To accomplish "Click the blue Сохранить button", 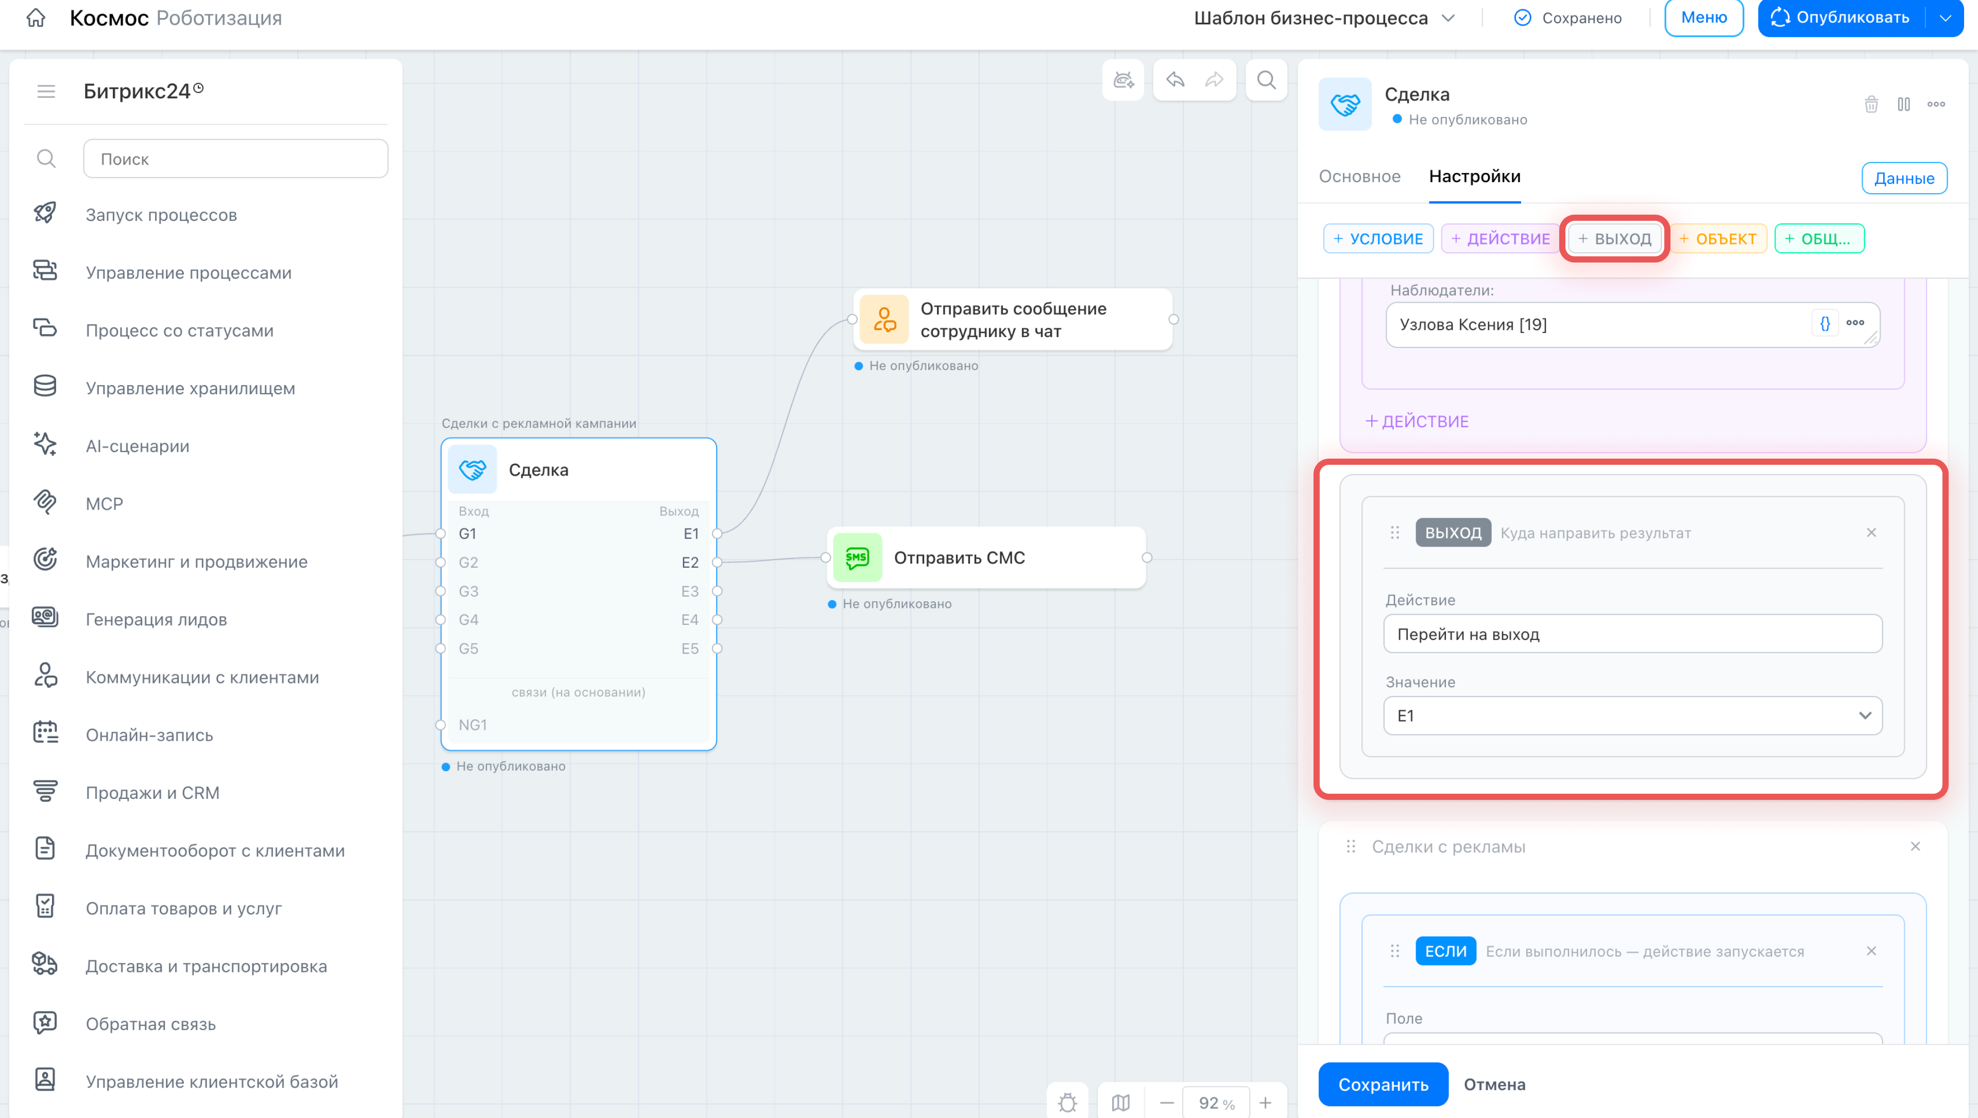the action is pyautogui.click(x=1383, y=1084).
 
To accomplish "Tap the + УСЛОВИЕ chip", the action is pyautogui.click(x=1378, y=239).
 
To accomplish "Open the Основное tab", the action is pyautogui.click(x=1360, y=177).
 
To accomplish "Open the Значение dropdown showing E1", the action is pyautogui.click(x=1632, y=715).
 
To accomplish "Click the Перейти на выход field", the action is pyautogui.click(x=1632, y=634).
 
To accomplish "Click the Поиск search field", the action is pyautogui.click(x=235, y=159).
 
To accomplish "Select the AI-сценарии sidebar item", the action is pyautogui.click(x=138, y=446).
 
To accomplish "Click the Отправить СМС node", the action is pyautogui.click(x=986, y=557).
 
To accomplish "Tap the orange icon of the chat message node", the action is pyautogui.click(x=884, y=320).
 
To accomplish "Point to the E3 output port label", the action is pyautogui.click(x=690, y=591).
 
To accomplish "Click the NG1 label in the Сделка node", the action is pyautogui.click(x=472, y=725).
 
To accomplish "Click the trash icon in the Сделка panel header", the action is pyautogui.click(x=1871, y=104).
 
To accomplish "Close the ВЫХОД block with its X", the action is pyautogui.click(x=1871, y=533).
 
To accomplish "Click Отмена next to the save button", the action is pyautogui.click(x=1494, y=1084).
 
